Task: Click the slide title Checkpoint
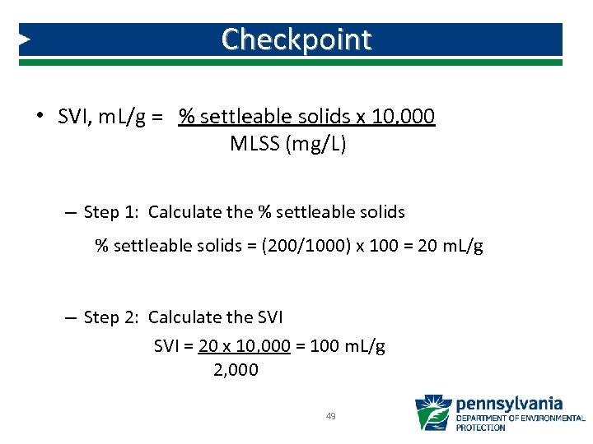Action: [296, 39]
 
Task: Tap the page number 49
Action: [330, 417]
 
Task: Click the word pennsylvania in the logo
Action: [509, 404]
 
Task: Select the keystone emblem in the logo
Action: [432, 413]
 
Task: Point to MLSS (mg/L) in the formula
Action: [288, 145]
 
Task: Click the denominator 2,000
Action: [236, 370]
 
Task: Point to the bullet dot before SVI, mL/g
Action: [39, 116]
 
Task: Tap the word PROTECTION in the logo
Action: [481, 428]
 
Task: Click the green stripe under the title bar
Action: [296, 62]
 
